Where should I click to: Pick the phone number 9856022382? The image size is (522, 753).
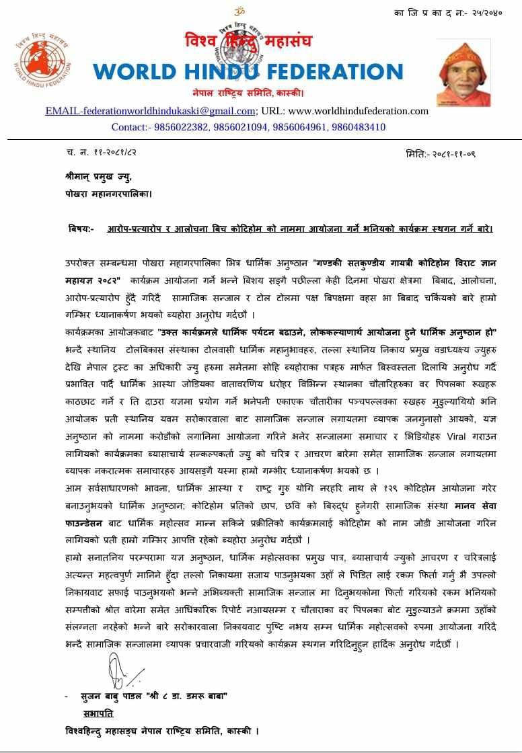[183, 126]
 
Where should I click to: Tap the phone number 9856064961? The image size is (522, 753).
[301, 126]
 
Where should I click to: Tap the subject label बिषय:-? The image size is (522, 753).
[81, 229]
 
